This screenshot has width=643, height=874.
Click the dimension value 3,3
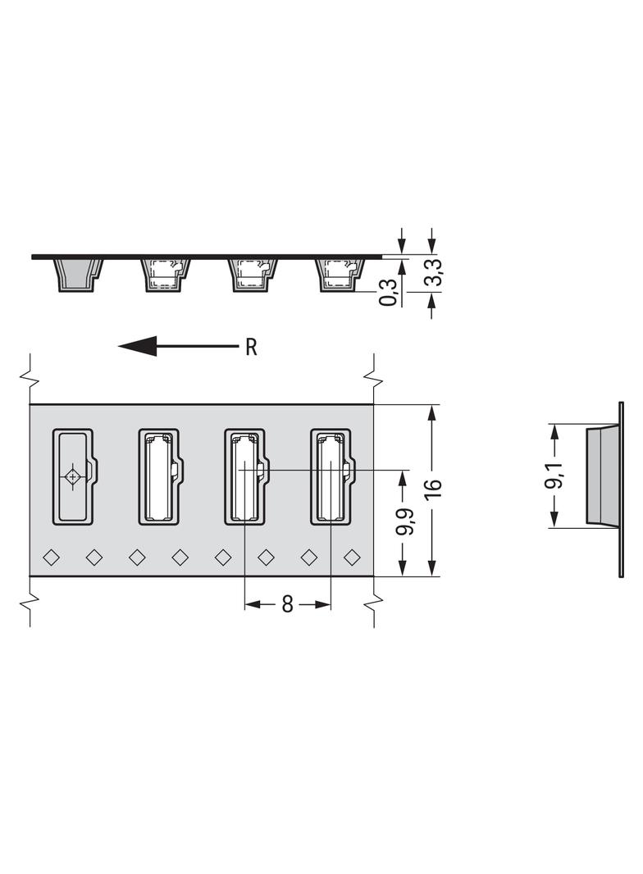(435, 272)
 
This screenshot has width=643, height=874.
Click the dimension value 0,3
(389, 292)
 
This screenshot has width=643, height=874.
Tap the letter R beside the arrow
(251, 348)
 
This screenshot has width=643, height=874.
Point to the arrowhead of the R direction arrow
(138, 346)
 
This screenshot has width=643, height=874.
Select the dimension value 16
(433, 489)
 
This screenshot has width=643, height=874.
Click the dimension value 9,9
(404, 521)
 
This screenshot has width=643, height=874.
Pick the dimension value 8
(287, 604)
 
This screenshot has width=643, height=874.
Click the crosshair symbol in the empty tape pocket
(72, 477)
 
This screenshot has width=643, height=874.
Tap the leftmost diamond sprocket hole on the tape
(52, 557)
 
